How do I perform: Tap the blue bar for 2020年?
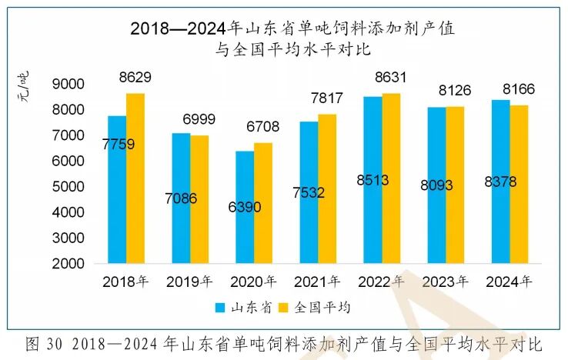tap(245, 208)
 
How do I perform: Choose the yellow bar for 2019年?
tap(199, 199)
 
